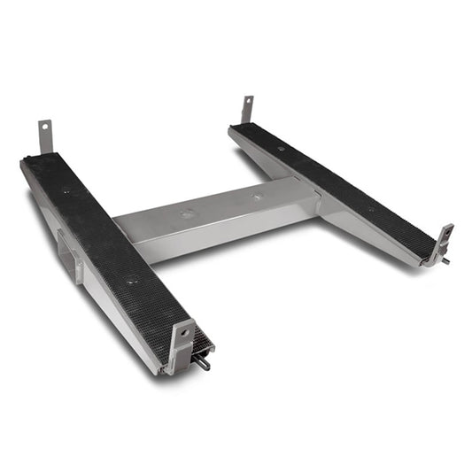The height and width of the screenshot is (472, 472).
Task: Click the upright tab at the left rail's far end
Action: click(x=43, y=136)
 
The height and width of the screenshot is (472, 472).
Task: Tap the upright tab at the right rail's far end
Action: click(x=246, y=110)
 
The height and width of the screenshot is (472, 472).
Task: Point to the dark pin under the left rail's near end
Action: click(x=205, y=362)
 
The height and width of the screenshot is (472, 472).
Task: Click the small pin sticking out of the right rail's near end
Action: click(x=445, y=260)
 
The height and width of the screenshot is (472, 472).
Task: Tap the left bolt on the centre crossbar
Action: click(x=187, y=213)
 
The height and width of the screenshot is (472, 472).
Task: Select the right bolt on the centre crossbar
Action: click(x=257, y=197)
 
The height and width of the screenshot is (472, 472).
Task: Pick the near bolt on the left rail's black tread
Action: click(x=131, y=282)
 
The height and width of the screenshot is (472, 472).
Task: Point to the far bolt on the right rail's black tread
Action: click(x=281, y=149)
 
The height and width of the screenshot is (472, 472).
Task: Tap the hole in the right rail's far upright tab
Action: click(x=247, y=102)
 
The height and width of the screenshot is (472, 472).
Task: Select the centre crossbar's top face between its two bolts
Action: click(x=221, y=205)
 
